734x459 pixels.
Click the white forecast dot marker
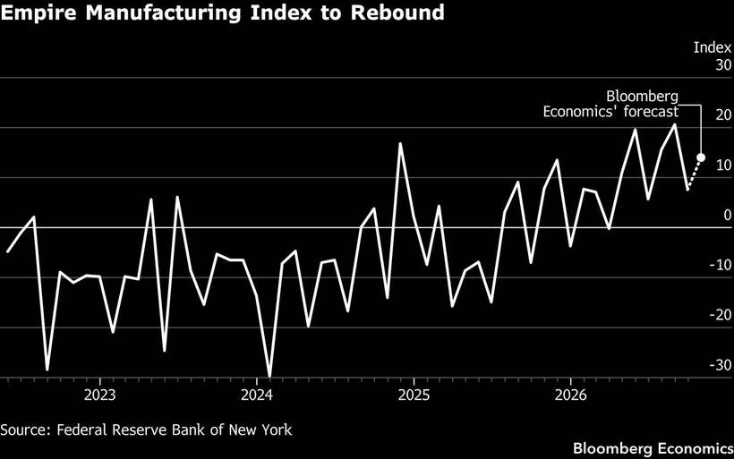[701, 157]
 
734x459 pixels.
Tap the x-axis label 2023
[99, 395]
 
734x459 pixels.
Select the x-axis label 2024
[257, 395]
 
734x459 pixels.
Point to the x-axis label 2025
[414, 395]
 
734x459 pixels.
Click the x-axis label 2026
[570, 395]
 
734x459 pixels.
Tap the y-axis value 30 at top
[723, 65]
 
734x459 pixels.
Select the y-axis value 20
[723, 115]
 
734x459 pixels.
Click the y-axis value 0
[728, 216]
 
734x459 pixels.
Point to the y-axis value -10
[721, 266]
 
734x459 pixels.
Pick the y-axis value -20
[721, 315]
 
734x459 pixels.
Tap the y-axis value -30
[721, 365]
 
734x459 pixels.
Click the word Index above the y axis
[713, 47]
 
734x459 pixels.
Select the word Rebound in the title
[397, 13]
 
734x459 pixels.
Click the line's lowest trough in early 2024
[269, 376]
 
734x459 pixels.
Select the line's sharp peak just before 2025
[400, 144]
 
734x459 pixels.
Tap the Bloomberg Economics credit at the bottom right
[653, 448]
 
